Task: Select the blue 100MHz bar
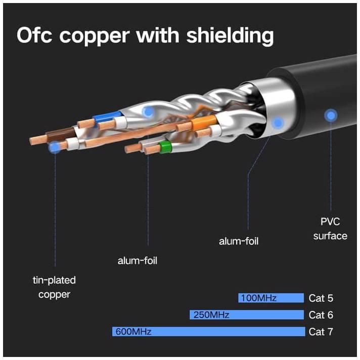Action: tap(271, 298)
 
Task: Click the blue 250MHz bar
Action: tap(247, 315)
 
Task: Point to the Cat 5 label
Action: tap(321, 298)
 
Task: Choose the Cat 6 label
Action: tap(321, 315)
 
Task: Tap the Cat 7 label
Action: tap(321, 332)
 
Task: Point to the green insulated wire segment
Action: tap(164, 147)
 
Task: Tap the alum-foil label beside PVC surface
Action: tap(239, 241)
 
